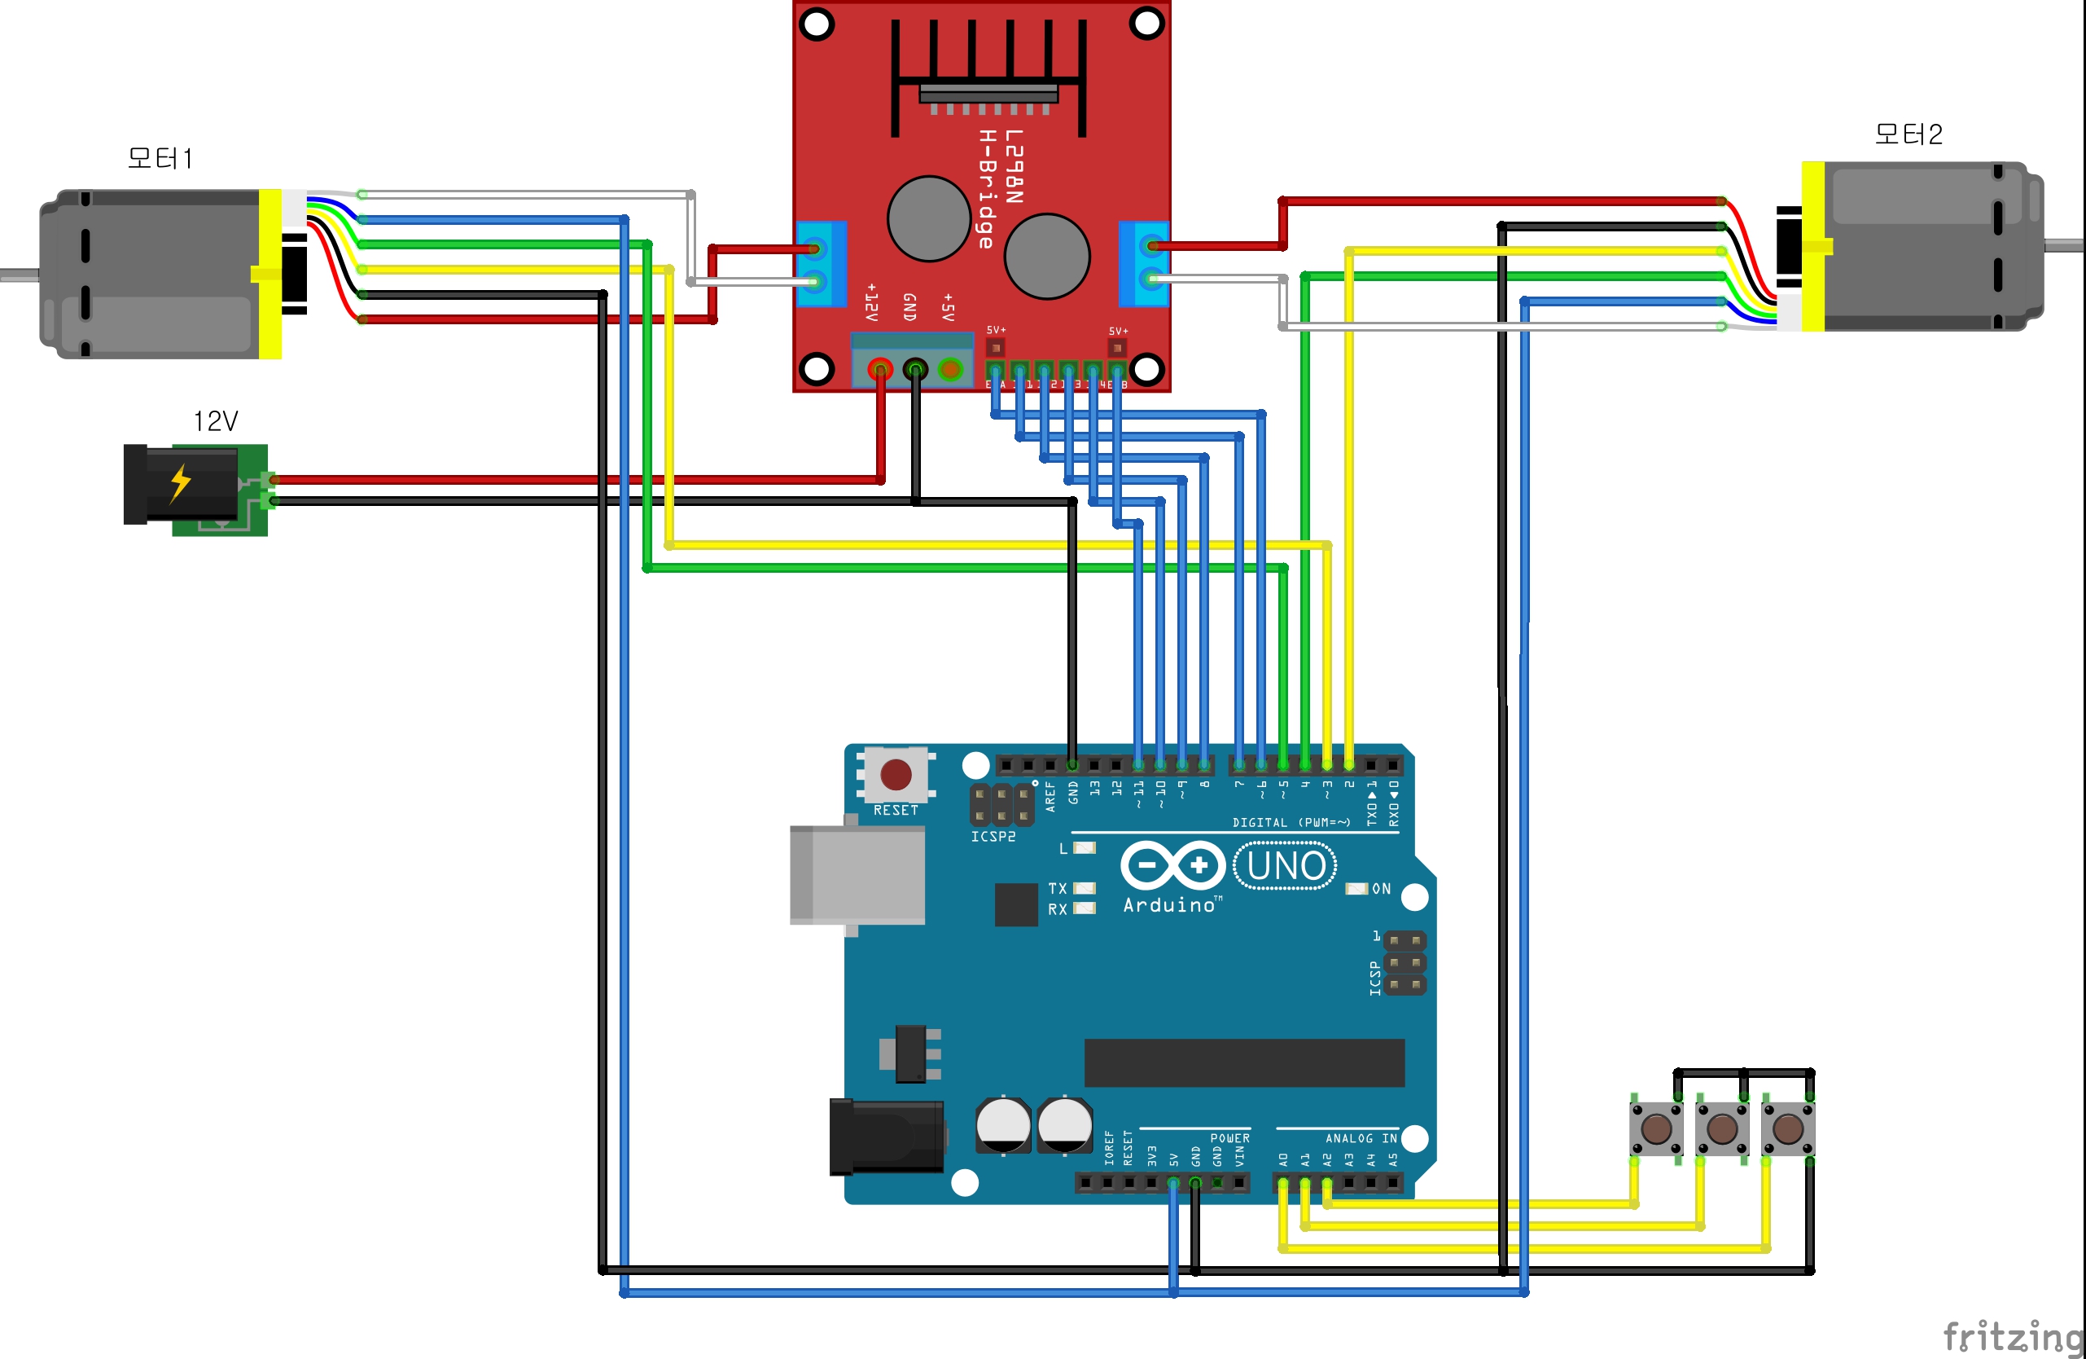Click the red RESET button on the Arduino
pos(895,774)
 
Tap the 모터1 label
pos(160,159)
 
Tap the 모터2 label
pos(1908,134)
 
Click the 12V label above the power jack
pos(216,422)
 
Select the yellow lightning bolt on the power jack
pos(181,482)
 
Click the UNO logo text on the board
pos(1285,866)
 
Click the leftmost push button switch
pos(1655,1128)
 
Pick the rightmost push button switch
pos(1788,1128)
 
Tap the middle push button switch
pos(1722,1128)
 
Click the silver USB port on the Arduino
pos(857,874)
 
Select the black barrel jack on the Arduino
pos(886,1137)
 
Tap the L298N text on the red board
pos(1014,166)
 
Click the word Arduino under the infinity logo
pos(1169,905)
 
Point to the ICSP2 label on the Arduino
pos(993,838)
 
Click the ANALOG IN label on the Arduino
pos(1361,1138)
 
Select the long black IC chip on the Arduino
pos(1244,1062)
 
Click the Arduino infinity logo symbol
pos(1172,865)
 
